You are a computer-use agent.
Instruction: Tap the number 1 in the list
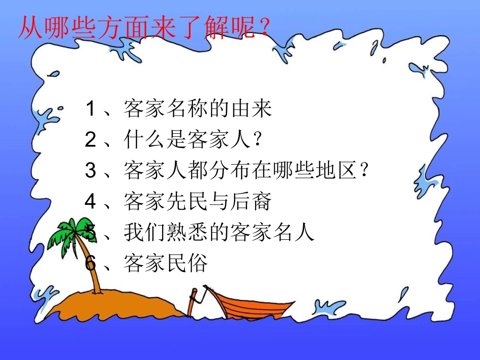coord(90,109)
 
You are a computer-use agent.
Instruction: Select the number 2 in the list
coord(90,140)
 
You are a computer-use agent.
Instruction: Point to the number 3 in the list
coord(90,171)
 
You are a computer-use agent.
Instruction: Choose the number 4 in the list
coord(90,202)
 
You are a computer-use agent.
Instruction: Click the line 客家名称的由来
coord(198,109)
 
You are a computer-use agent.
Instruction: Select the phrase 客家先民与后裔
coord(198,202)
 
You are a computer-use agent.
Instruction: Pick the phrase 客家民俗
coord(166,264)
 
